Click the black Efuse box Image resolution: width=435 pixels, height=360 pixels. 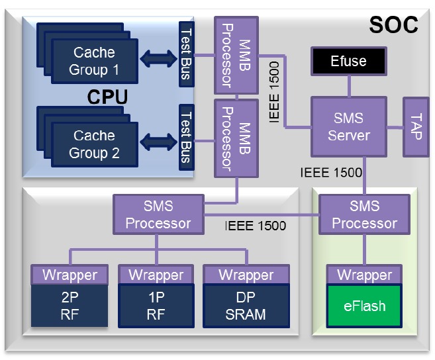(349, 61)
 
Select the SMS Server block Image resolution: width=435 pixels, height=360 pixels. (349, 127)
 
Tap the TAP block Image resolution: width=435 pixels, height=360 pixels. (416, 126)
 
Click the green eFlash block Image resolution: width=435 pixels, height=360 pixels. (365, 306)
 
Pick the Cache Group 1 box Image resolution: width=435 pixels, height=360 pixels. (94, 61)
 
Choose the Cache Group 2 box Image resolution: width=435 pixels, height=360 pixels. (94, 144)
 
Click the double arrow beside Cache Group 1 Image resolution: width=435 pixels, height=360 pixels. (158, 58)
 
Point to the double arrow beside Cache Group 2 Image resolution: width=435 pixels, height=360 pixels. (158, 142)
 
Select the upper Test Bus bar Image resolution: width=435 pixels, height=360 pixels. (186, 54)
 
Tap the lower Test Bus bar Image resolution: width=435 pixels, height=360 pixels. (186, 137)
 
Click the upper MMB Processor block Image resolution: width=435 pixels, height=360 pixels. (236, 55)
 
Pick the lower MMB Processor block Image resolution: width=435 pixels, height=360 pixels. (236, 138)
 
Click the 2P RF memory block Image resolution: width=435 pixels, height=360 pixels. (70, 306)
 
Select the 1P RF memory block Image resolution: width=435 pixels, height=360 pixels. (156, 306)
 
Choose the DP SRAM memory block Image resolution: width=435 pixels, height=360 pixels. (246, 306)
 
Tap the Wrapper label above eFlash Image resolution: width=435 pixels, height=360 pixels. (365, 275)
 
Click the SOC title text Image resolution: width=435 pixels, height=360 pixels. (393, 25)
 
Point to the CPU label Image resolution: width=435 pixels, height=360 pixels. (107, 97)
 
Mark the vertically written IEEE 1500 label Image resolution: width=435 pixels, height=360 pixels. (274, 92)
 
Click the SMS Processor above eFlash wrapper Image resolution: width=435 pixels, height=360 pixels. (364, 214)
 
